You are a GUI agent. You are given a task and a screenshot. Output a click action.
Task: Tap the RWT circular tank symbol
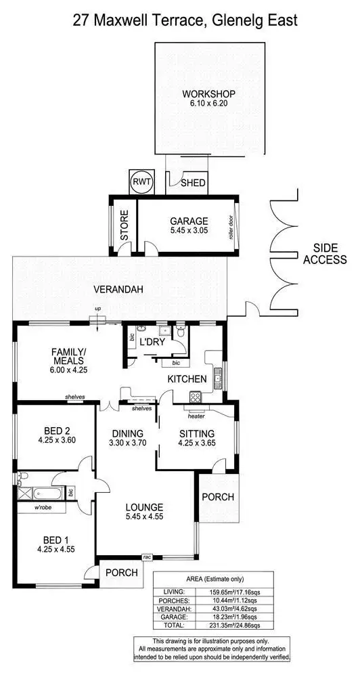(141, 182)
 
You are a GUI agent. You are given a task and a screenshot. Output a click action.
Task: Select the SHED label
(193, 182)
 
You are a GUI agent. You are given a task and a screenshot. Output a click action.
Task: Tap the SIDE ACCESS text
(325, 254)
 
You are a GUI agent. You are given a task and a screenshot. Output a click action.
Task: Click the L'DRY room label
(152, 342)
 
